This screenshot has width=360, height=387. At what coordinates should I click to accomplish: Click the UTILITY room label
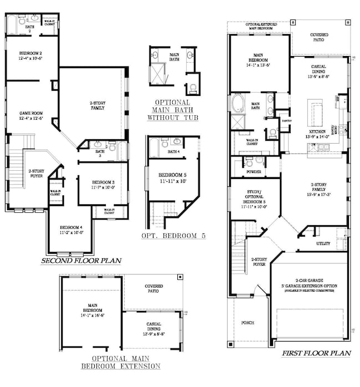pos(323,243)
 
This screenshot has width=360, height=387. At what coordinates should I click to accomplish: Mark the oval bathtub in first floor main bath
pos(239,103)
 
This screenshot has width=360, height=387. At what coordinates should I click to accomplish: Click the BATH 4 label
pos(173,151)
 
